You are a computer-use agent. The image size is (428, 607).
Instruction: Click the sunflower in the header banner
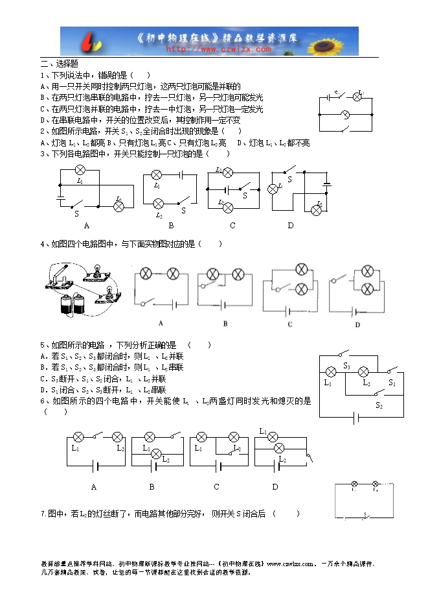click(339, 41)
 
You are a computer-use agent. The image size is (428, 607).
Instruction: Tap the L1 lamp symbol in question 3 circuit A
click(80, 170)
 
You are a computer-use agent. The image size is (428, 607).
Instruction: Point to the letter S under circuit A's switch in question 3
click(76, 213)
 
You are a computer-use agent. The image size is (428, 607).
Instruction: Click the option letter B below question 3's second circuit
click(171, 226)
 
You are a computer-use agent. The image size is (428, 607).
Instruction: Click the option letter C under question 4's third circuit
click(289, 324)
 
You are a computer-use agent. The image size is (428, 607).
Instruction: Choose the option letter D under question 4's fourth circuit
click(357, 324)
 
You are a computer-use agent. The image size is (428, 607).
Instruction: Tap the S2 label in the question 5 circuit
click(379, 405)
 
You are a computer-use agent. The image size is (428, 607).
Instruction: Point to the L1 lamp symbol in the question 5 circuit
click(330, 372)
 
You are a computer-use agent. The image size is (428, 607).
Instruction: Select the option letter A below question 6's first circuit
click(93, 486)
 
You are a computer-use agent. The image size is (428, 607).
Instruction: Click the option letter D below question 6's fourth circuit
click(275, 486)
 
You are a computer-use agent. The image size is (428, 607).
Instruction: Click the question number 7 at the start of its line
click(42, 514)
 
